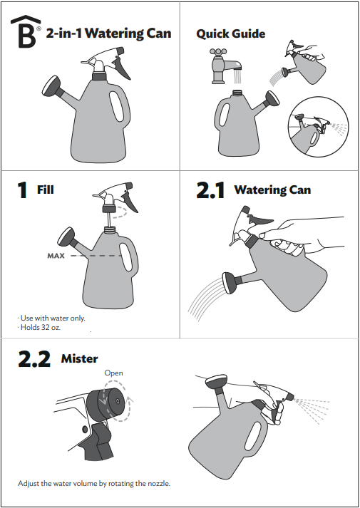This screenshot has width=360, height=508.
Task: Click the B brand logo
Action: tap(24, 32)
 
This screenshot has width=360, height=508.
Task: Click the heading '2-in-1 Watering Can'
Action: tap(108, 33)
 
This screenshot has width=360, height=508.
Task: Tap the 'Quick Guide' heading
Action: tap(231, 33)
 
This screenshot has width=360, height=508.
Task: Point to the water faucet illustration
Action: tap(226, 66)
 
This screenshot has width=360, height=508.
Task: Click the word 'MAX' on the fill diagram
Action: tap(56, 256)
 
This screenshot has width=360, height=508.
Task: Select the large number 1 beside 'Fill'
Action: tap(22, 190)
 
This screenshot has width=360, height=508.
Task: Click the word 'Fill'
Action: tap(46, 190)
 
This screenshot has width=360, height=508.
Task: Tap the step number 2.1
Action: tap(210, 190)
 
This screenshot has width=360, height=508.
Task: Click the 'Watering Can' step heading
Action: tap(272, 190)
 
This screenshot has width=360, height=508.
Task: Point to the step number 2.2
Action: tap(34, 358)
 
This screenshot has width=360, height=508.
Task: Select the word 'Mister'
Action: tap(79, 358)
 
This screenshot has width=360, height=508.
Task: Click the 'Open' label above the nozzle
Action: tap(113, 373)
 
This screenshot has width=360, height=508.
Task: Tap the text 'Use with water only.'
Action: tap(51, 318)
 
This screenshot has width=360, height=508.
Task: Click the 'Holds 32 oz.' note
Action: tap(39, 328)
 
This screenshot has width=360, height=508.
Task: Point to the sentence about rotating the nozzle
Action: tap(94, 483)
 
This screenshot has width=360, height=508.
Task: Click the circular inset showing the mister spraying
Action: tap(318, 127)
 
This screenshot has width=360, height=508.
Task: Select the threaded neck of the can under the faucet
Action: tap(238, 93)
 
